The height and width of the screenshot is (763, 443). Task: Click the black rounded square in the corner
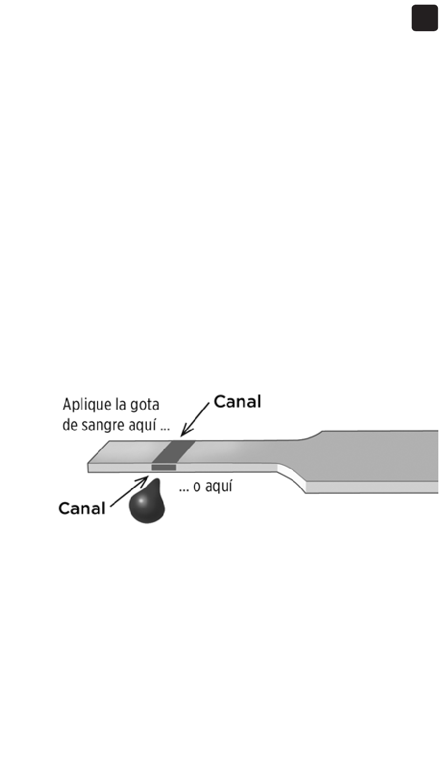pyautogui.click(x=424, y=19)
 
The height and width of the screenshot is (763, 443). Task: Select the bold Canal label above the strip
pyautogui.click(x=237, y=402)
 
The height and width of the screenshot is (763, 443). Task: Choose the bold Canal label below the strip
pyautogui.click(x=82, y=508)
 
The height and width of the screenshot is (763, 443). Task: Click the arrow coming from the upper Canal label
pyautogui.click(x=195, y=419)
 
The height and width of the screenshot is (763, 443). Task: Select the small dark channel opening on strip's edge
pyautogui.click(x=164, y=467)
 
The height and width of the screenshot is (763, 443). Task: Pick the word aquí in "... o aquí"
pyautogui.click(x=219, y=487)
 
